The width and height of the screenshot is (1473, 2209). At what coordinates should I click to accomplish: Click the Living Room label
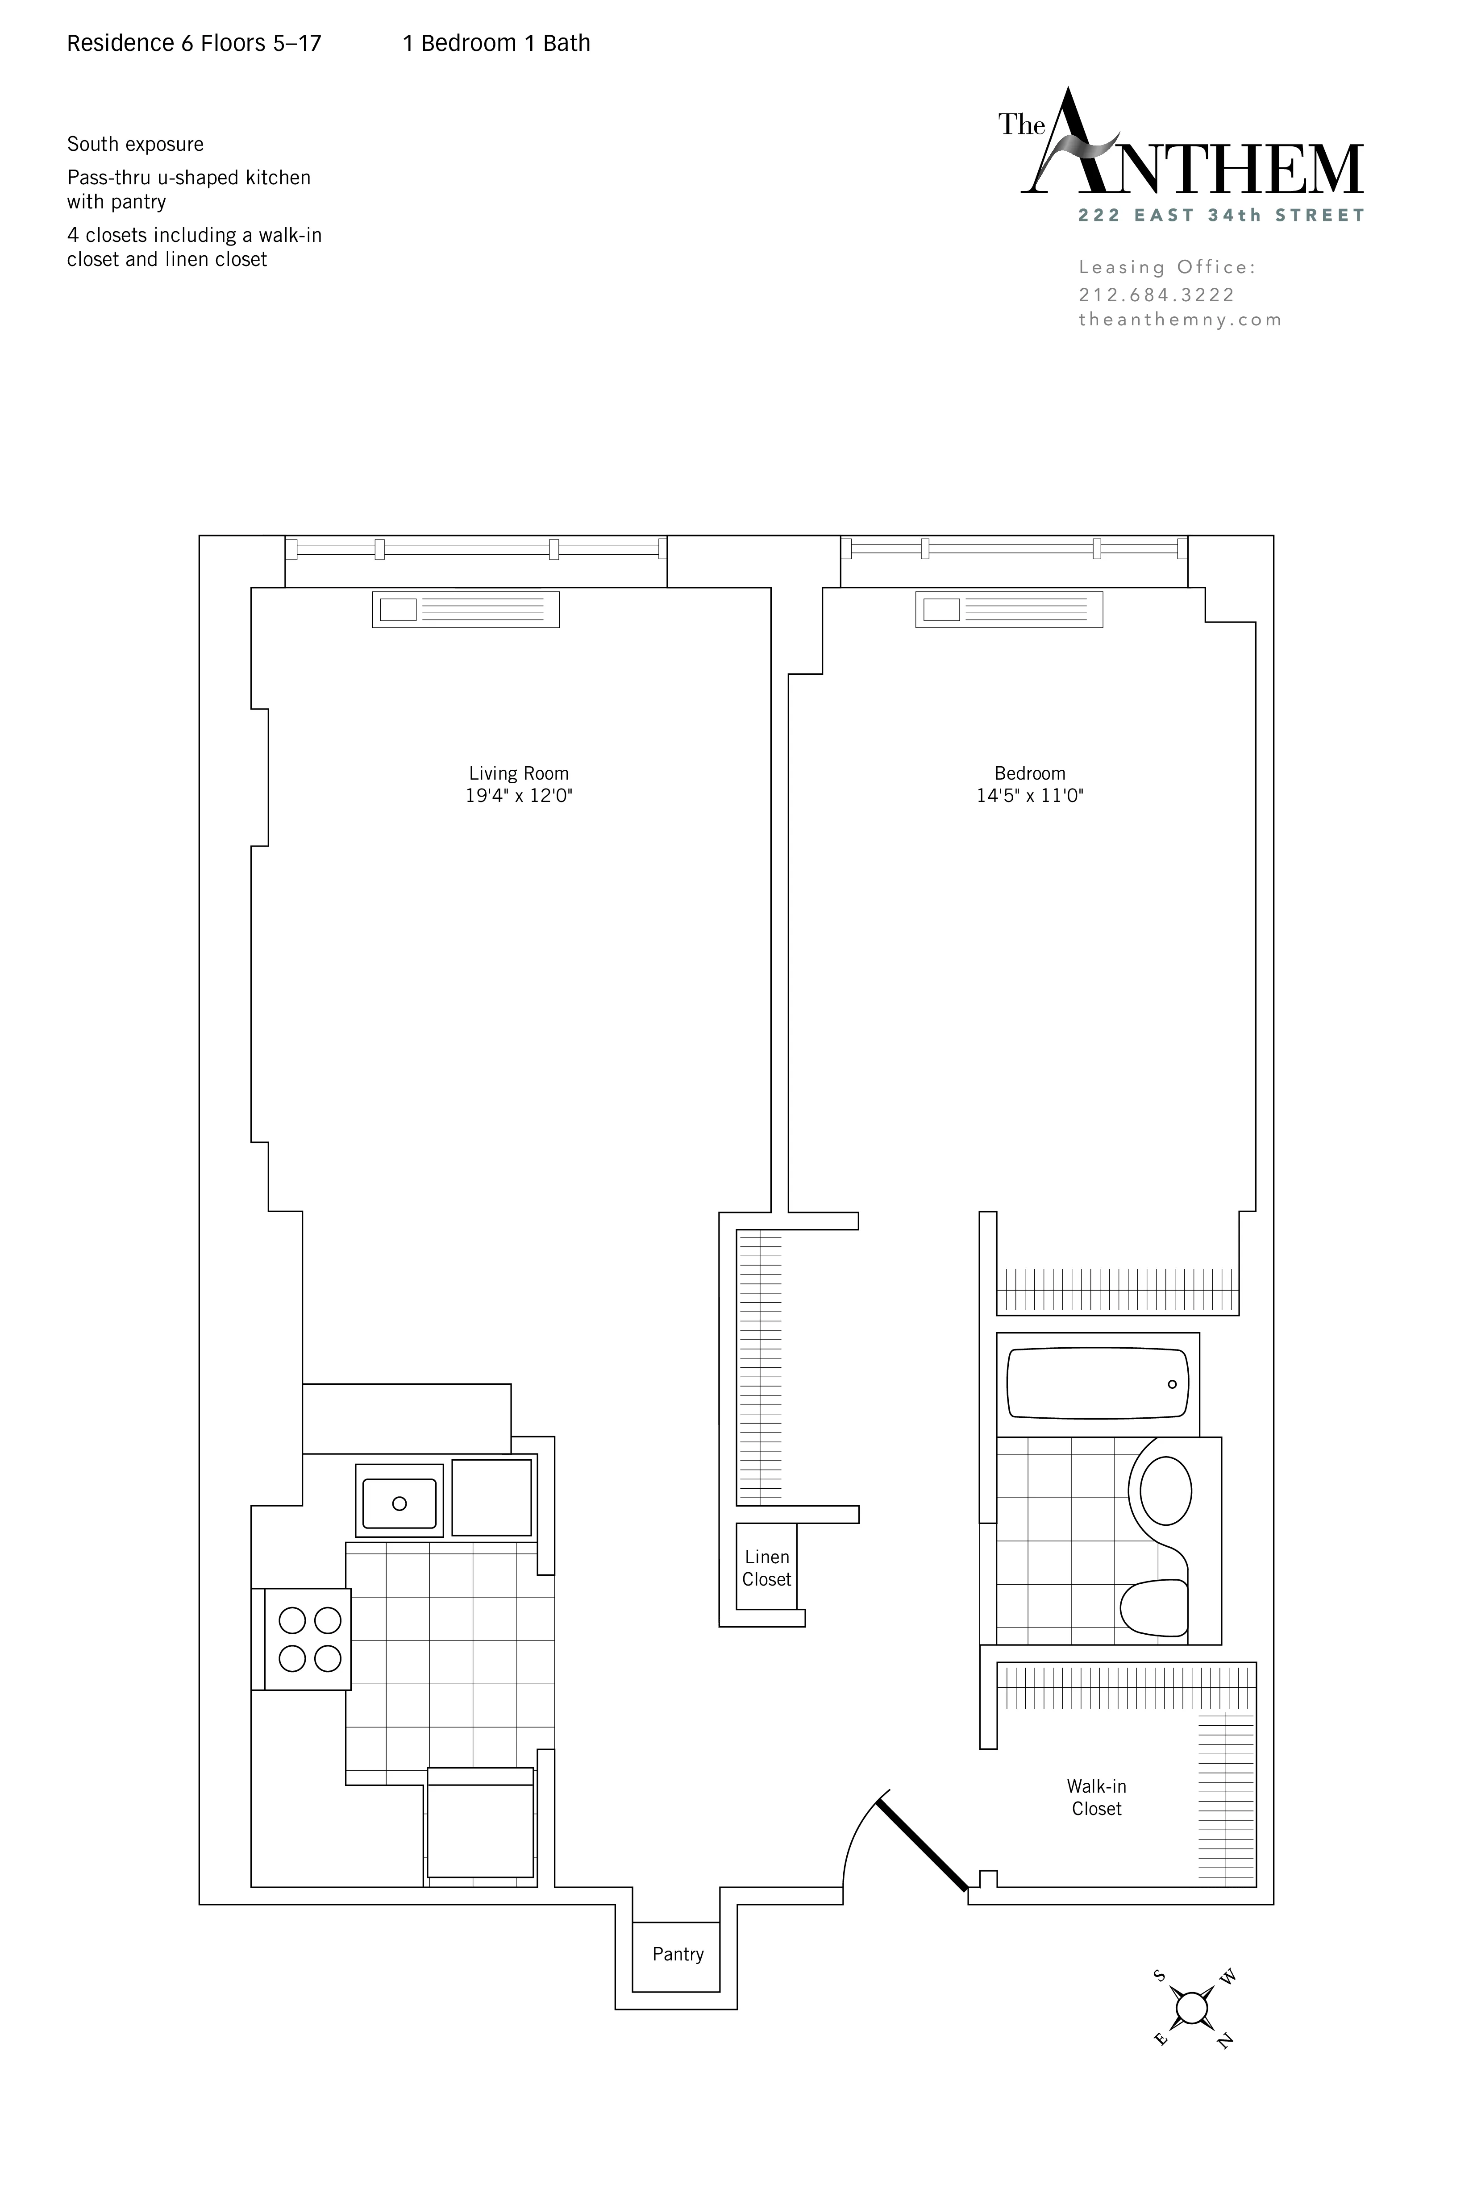(519, 773)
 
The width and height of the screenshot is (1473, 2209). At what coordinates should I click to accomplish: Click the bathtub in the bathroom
(1097, 1383)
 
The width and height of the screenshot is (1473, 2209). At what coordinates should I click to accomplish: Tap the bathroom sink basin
(1166, 1491)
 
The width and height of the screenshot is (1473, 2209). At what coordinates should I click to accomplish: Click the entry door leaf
(922, 1844)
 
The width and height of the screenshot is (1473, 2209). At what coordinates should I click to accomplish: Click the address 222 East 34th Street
(1221, 215)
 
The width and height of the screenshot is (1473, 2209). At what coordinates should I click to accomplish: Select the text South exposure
(135, 145)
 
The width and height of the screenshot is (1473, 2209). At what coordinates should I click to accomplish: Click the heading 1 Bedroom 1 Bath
(496, 43)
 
